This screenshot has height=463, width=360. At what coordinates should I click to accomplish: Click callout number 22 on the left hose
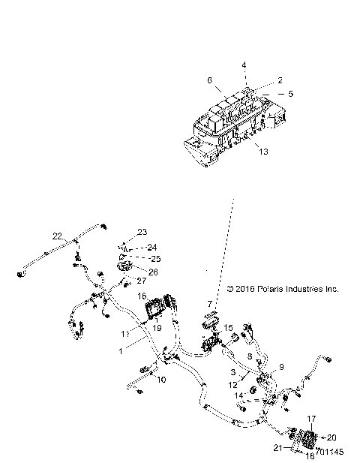coord(56,236)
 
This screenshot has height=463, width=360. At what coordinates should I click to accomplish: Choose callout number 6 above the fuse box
coord(210,80)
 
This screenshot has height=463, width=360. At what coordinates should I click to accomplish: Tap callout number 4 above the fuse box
coord(243,65)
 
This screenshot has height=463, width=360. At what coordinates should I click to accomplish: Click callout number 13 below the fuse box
coord(261,152)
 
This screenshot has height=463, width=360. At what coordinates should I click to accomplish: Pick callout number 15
coord(229,328)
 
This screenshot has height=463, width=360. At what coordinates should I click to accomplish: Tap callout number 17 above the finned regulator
coord(313,419)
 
